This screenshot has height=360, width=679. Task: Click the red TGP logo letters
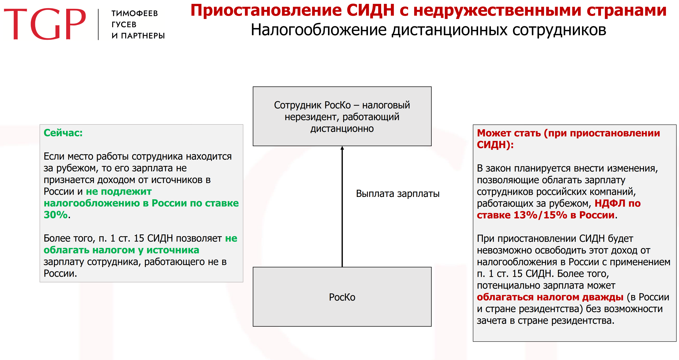click(x=45, y=24)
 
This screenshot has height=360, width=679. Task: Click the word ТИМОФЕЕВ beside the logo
click(x=134, y=13)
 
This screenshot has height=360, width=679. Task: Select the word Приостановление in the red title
click(x=266, y=11)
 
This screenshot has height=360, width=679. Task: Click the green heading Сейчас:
click(x=63, y=133)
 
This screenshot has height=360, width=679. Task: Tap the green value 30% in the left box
click(x=56, y=215)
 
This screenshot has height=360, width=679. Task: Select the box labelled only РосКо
click(x=342, y=297)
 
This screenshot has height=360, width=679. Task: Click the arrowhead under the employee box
click(x=342, y=148)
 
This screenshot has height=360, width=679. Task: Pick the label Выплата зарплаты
click(x=397, y=194)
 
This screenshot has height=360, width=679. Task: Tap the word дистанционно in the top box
click(x=342, y=129)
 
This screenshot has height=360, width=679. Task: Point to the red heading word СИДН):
click(x=495, y=145)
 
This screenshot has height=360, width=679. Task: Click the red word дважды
click(x=603, y=297)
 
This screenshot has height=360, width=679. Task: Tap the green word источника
click(x=173, y=250)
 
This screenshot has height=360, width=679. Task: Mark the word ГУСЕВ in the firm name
click(x=124, y=25)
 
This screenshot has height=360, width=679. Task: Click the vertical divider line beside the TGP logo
click(x=98, y=25)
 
